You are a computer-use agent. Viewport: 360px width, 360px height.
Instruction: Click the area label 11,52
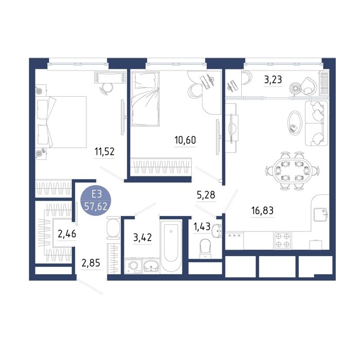(104, 152)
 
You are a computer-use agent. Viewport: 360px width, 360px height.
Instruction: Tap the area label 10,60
(185, 140)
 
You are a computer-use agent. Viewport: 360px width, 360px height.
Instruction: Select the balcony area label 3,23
(273, 80)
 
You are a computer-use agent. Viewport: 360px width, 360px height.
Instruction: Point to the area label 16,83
(262, 210)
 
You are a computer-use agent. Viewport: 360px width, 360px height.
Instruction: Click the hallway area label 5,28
(206, 195)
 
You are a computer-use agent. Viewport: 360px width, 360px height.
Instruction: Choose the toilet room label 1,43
(202, 227)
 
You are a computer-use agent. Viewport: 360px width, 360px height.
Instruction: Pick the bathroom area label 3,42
(142, 238)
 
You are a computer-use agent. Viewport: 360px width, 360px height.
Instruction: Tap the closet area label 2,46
(67, 235)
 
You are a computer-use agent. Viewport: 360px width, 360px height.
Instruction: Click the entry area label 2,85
(91, 263)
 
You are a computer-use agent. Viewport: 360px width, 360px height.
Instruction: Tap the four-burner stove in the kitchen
(282, 240)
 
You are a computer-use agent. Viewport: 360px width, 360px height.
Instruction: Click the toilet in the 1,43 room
(205, 248)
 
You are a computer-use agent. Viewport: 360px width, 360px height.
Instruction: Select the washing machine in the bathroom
(133, 266)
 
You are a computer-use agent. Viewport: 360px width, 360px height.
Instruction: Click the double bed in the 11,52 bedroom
(61, 122)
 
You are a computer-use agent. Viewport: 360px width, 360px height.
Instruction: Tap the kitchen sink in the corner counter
(320, 214)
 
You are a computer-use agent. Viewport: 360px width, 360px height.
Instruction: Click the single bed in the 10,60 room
(145, 99)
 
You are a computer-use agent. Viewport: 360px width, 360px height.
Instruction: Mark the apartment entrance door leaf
(90, 286)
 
